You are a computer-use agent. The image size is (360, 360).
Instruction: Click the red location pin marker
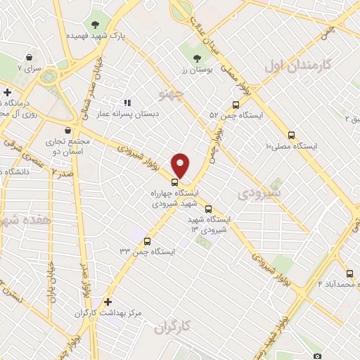(181, 165)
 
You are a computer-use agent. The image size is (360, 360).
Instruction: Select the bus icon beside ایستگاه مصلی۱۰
(292, 134)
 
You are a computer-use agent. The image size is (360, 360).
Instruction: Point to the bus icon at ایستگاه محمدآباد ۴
(349, 274)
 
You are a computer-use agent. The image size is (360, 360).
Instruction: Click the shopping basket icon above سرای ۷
(29, 58)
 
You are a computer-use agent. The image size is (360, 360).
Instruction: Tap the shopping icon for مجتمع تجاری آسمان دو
(67, 131)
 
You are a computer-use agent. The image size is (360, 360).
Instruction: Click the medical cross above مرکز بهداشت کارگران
(108, 301)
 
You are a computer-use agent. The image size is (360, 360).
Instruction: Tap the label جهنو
(172, 92)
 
